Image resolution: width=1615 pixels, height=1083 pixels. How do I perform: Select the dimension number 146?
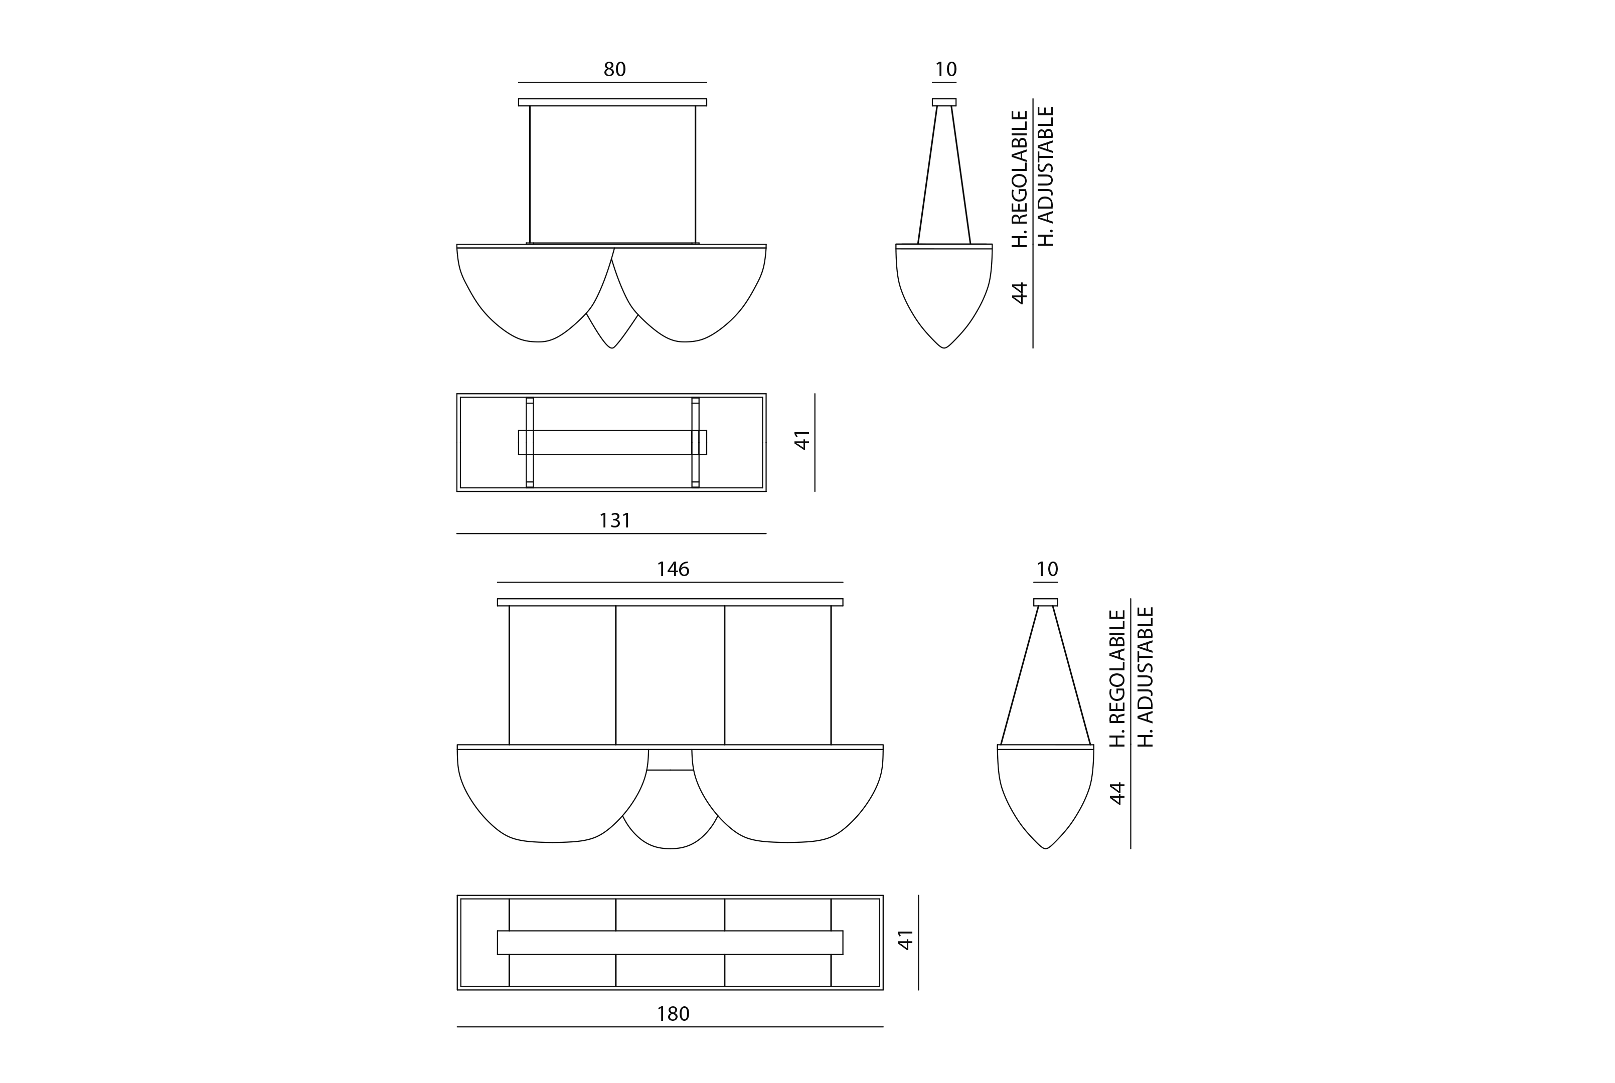point(673,569)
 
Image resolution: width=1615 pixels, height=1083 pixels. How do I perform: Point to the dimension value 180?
point(673,1014)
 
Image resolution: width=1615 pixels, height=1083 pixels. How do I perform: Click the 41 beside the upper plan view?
point(801,440)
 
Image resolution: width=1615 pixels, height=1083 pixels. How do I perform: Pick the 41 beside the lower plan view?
point(905,939)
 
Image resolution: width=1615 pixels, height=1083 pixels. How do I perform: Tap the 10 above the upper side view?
point(945,69)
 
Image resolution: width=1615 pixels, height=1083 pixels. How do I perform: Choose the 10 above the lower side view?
point(1047,569)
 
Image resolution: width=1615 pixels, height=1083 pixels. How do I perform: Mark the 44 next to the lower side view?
point(1117,793)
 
